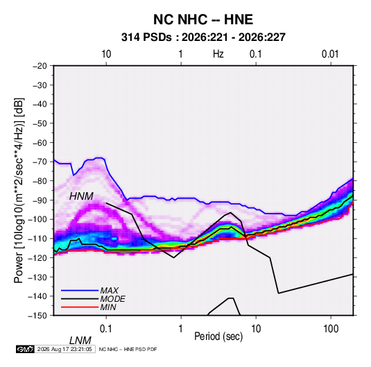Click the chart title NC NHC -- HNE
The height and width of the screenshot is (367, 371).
click(203, 19)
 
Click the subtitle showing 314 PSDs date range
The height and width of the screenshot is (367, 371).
click(203, 37)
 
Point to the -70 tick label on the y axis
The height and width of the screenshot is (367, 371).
click(40, 162)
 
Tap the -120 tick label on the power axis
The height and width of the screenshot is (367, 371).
click(37, 258)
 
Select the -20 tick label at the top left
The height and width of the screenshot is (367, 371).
click(40, 66)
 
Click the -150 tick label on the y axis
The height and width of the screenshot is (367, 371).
click(37, 316)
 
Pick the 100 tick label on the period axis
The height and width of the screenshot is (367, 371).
click(331, 329)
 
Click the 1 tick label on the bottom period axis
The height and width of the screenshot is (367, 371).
click(181, 329)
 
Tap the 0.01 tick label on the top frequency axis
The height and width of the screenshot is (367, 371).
click(330, 54)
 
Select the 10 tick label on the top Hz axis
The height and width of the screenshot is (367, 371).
click(106, 54)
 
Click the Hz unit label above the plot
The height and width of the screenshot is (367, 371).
click(218, 54)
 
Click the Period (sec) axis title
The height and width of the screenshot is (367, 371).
click(218, 336)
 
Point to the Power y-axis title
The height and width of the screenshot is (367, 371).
click(19, 190)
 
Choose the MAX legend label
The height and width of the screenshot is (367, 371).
click(109, 291)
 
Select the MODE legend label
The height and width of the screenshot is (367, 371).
click(112, 299)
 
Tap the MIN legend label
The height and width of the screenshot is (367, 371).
click(108, 307)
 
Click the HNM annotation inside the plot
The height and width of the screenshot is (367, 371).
click(81, 196)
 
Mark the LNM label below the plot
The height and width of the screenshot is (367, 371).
click(80, 341)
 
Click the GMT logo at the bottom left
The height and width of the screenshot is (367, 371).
click(25, 349)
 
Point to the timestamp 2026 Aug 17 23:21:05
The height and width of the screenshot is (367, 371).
click(64, 349)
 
